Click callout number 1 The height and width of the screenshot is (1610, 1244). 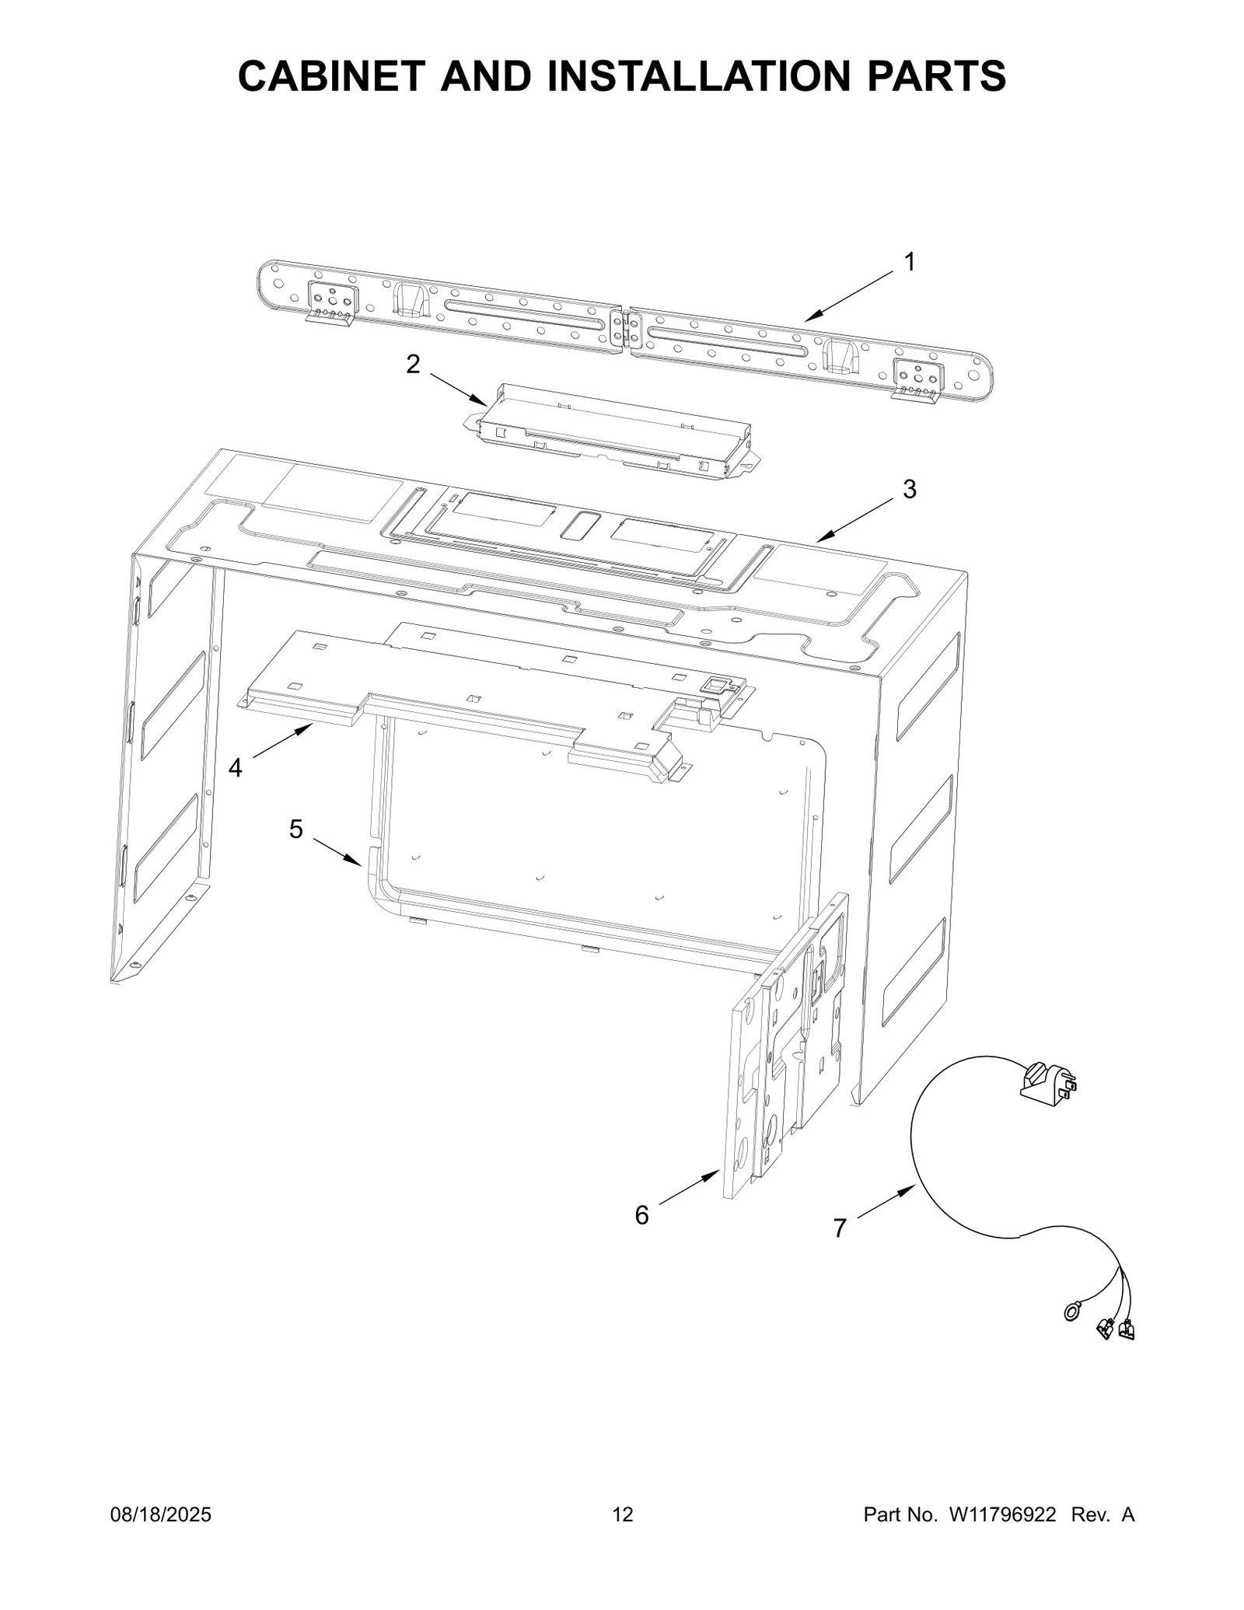[909, 263]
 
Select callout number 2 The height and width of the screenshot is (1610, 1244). [414, 364]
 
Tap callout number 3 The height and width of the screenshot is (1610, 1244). [909, 490]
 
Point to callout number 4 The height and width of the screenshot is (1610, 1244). [235, 768]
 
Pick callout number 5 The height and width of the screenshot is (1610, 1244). [296, 829]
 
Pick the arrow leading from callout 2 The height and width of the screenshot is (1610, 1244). [459, 389]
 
